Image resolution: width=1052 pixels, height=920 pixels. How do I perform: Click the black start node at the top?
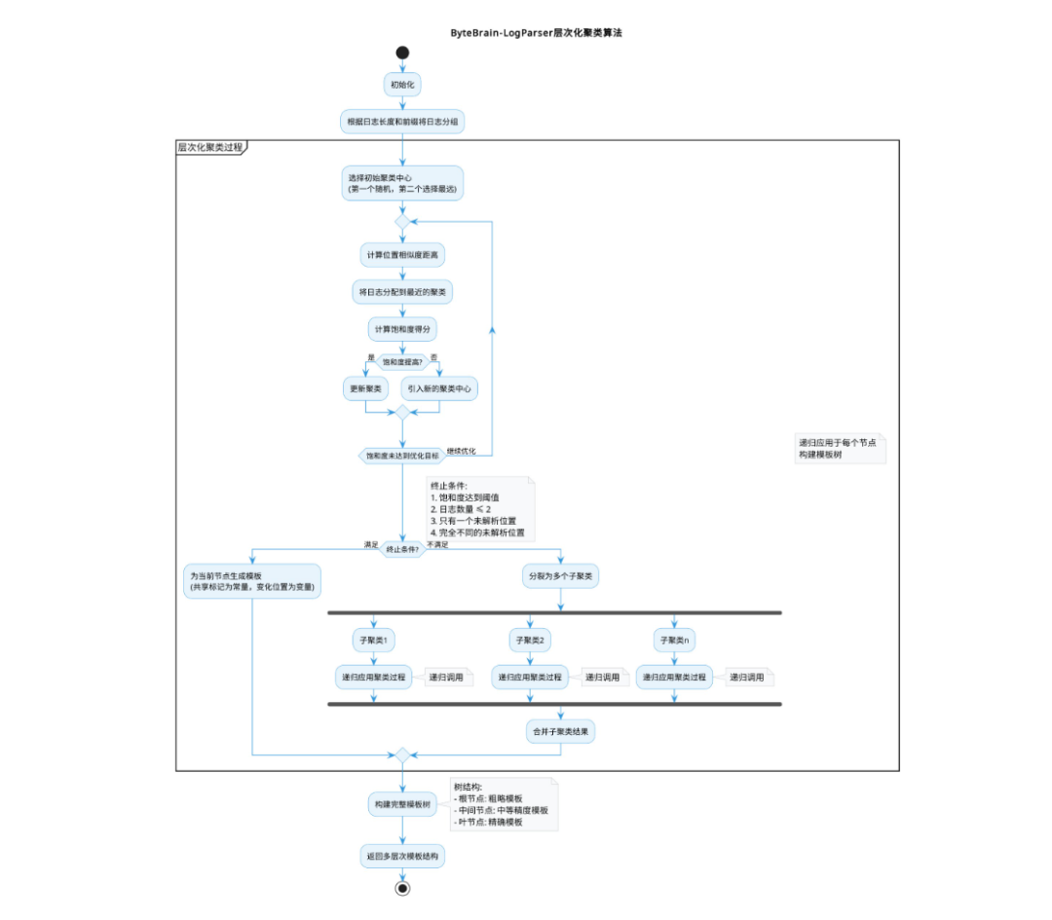click(402, 53)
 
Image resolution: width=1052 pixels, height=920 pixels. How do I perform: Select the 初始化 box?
click(402, 86)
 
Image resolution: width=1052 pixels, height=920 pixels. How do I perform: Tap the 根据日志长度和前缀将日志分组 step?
click(402, 122)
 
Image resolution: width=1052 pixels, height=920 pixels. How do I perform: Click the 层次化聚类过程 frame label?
click(210, 147)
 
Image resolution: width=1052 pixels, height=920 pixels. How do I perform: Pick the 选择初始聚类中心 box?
click(402, 183)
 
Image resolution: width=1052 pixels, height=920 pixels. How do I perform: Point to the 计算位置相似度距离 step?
click(402, 255)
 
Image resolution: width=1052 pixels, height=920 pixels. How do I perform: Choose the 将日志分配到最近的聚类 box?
click(402, 291)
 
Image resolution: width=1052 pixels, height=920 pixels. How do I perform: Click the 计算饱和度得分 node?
click(402, 328)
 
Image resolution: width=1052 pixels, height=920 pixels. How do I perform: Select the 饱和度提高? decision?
click(402, 362)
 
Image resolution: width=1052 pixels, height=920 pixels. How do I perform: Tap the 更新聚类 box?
click(365, 389)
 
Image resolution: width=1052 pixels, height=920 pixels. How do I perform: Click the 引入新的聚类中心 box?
click(440, 389)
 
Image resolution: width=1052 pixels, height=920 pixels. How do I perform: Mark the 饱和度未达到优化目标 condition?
click(401, 455)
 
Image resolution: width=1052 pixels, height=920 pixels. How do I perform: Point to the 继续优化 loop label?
click(462, 451)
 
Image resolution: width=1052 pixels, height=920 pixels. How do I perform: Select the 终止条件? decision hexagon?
click(402, 550)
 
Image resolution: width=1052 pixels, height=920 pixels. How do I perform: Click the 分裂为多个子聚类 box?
click(560, 575)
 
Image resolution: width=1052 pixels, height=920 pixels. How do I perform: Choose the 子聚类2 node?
click(530, 640)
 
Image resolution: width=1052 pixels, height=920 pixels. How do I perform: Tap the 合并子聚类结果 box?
click(560, 731)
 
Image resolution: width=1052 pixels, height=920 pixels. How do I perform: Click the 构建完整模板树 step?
click(402, 804)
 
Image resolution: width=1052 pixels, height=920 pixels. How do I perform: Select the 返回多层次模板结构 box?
click(402, 856)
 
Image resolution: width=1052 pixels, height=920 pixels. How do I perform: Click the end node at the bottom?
click(402, 888)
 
